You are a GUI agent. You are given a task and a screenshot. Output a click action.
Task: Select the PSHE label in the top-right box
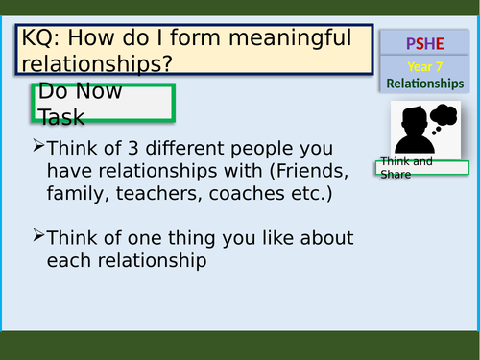coord(422,43)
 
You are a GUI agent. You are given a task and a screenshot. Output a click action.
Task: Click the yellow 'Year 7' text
coord(424,66)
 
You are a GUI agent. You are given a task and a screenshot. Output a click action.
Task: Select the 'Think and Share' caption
coord(405,167)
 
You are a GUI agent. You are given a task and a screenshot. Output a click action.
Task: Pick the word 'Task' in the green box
coord(61,117)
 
